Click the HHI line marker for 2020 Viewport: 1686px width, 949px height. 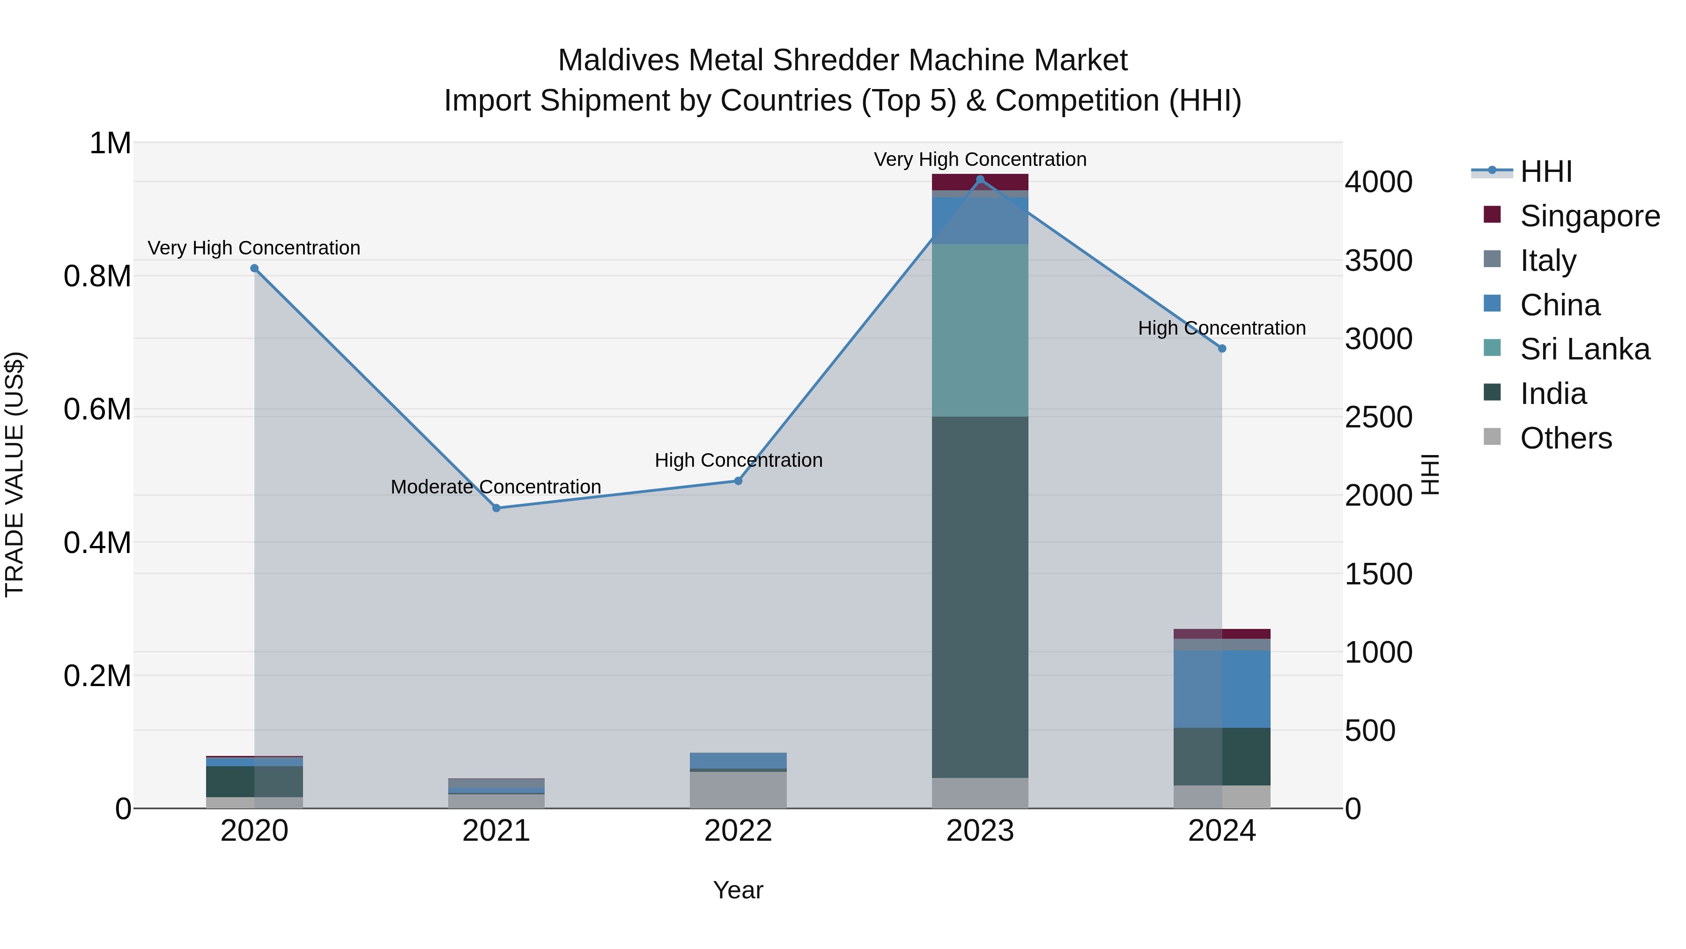click(255, 269)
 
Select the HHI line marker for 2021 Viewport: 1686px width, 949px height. click(496, 508)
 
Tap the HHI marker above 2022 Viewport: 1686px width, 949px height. click(738, 481)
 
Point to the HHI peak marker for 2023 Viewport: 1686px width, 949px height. click(980, 179)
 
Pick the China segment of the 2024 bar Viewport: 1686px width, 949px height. click(1222, 688)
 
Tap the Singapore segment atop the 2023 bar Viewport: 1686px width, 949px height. click(980, 182)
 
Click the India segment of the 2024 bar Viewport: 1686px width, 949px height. click(1222, 756)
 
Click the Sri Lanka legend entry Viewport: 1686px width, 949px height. click(1584, 349)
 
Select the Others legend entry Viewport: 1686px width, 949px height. click(1566, 438)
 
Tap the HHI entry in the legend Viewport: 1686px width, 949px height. click(1545, 172)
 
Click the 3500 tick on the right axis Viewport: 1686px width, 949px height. click(1378, 261)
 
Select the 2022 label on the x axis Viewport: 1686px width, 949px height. click(738, 831)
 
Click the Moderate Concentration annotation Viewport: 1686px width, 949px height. click(495, 487)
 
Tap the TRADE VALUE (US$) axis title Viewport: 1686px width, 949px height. click(15, 474)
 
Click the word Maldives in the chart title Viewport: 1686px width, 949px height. click(619, 60)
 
